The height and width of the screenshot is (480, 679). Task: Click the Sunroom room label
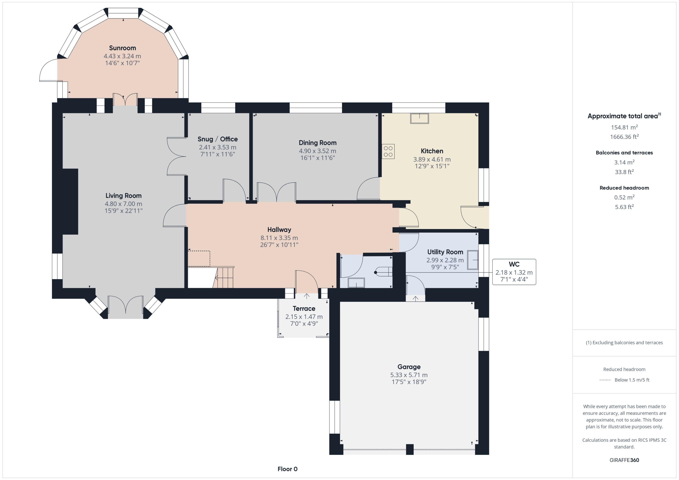(x=122, y=48)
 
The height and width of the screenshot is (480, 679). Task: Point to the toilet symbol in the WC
(x=383, y=272)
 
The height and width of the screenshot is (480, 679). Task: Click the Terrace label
(x=304, y=309)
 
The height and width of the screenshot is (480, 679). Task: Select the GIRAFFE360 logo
(x=624, y=460)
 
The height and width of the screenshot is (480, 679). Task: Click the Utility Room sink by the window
(x=473, y=260)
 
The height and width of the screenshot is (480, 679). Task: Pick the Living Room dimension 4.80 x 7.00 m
(x=123, y=204)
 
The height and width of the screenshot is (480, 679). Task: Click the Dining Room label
(x=317, y=143)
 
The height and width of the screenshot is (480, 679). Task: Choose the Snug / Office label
(x=217, y=139)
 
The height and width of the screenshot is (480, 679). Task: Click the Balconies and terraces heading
(x=624, y=153)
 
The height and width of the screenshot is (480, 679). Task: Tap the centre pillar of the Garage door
(x=410, y=449)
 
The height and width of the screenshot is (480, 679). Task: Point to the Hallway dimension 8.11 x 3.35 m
(x=279, y=238)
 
